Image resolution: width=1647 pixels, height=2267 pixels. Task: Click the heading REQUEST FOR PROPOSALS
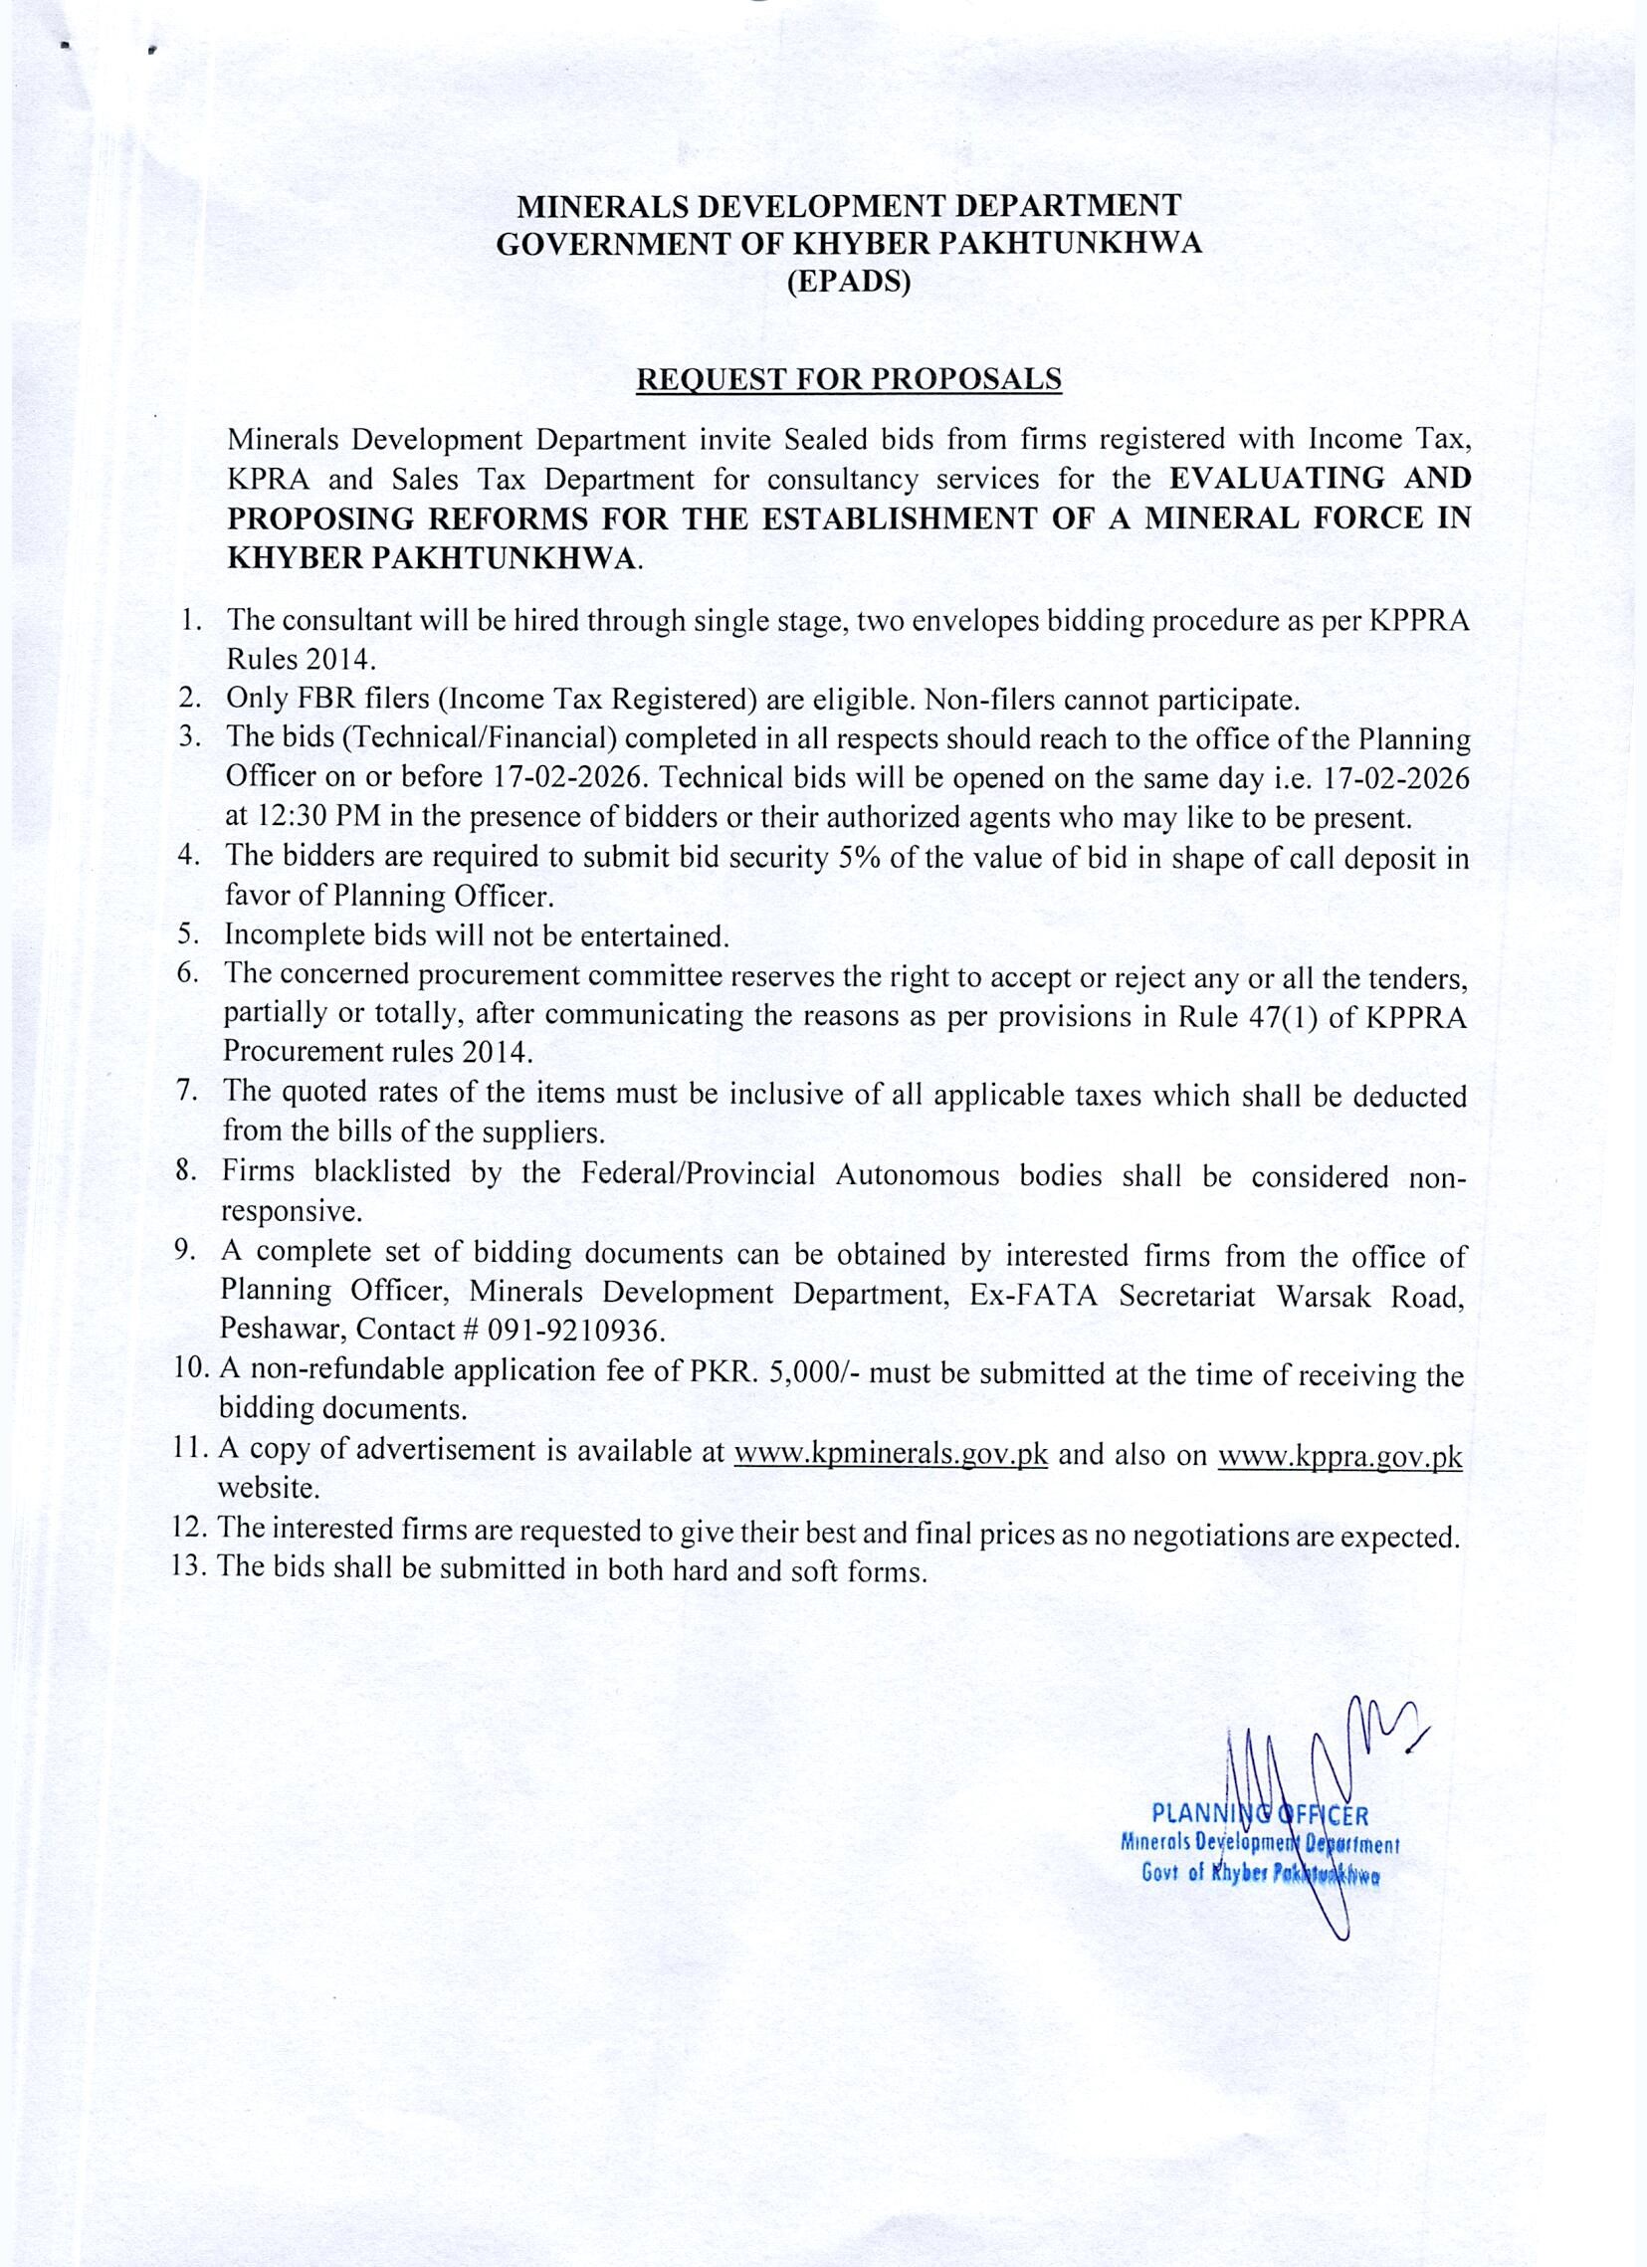tap(849, 381)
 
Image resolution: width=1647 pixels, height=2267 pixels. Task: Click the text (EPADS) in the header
tap(849, 283)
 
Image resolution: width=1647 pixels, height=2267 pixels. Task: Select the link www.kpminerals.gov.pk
tap(891, 1452)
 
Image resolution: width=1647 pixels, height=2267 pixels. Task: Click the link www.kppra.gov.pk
tap(1339, 1456)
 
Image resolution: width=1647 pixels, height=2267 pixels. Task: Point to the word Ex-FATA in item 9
tap(1033, 1295)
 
